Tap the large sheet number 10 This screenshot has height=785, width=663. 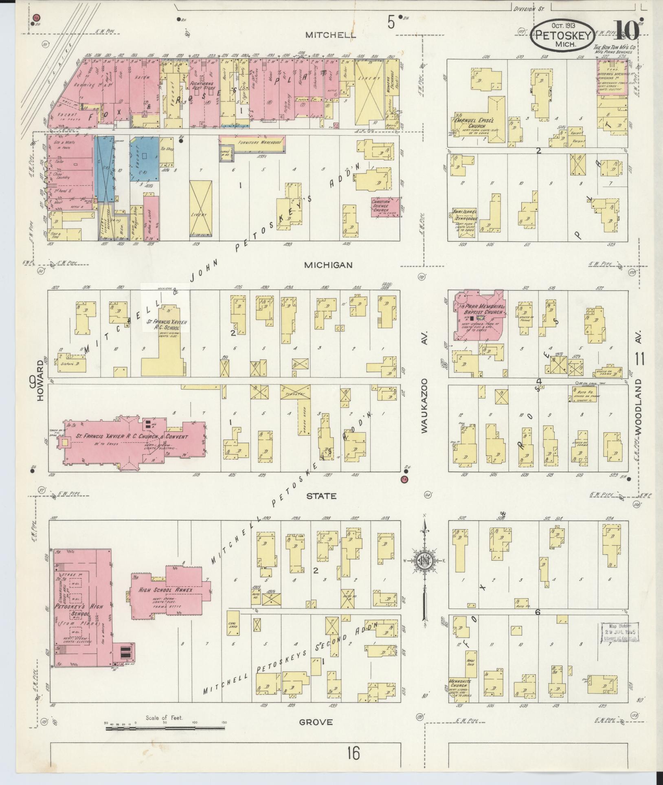627,29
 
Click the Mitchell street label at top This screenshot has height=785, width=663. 331,35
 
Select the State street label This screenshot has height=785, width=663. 327,496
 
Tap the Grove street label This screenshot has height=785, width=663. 316,722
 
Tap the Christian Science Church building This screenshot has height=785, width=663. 384,207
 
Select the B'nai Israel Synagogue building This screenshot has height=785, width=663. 462,222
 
